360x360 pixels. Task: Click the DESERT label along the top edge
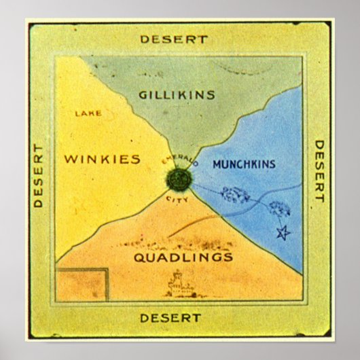(173, 39)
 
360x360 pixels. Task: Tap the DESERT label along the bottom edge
(170, 317)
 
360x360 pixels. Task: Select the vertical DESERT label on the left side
(39, 175)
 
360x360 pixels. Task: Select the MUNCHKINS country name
(243, 164)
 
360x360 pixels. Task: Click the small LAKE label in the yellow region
(88, 113)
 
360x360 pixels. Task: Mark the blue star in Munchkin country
(282, 233)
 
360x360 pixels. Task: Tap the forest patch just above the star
(279, 209)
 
